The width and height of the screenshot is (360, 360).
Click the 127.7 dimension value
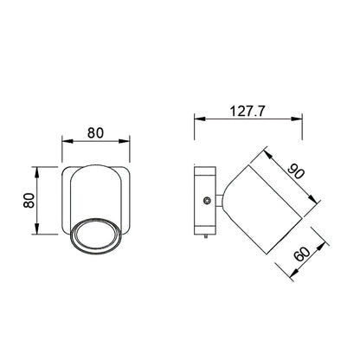(247, 111)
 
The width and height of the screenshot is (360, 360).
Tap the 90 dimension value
(296, 171)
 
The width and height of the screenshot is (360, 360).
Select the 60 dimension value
(302, 254)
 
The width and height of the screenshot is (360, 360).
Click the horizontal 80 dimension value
(95, 133)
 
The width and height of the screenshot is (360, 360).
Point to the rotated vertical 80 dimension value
(29, 200)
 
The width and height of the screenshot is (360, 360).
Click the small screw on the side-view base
(207, 201)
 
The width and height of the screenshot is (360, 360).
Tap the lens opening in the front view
(96, 235)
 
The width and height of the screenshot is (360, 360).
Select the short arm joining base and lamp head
(219, 201)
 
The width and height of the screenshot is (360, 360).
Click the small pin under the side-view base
(206, 236)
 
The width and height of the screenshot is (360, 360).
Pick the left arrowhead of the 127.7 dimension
(200, 119)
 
